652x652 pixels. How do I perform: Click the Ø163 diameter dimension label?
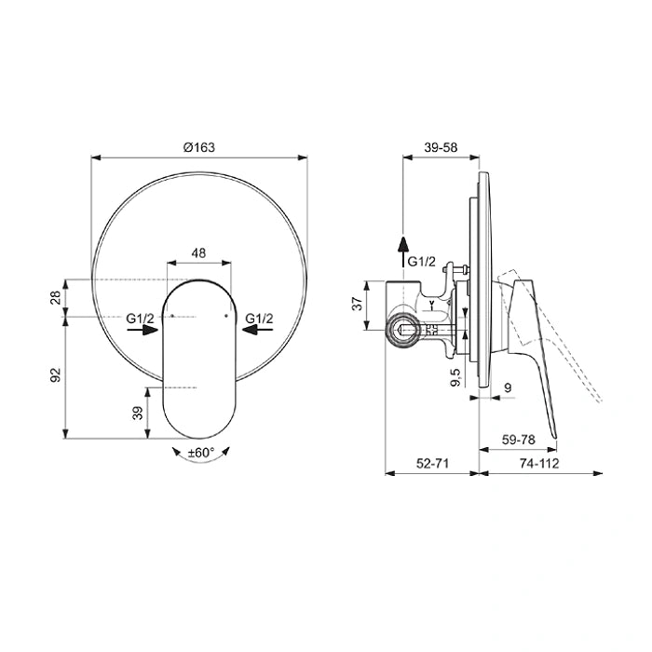[x=199, y=147]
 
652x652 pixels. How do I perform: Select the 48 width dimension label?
[x=198, y=252]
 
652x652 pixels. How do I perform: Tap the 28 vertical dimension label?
[x=56, y=298]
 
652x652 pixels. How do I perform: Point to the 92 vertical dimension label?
[x=56, y=375]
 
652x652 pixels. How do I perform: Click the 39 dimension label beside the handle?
[x=138, y=413]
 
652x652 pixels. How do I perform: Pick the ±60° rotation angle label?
[x=201, y=452]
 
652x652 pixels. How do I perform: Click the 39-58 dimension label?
[x=441, y=147]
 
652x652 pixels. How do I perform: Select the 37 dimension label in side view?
[x=358, y=304]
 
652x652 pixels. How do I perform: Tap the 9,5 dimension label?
[x=455, y=377]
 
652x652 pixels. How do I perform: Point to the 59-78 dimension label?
[x=518, y=440]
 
